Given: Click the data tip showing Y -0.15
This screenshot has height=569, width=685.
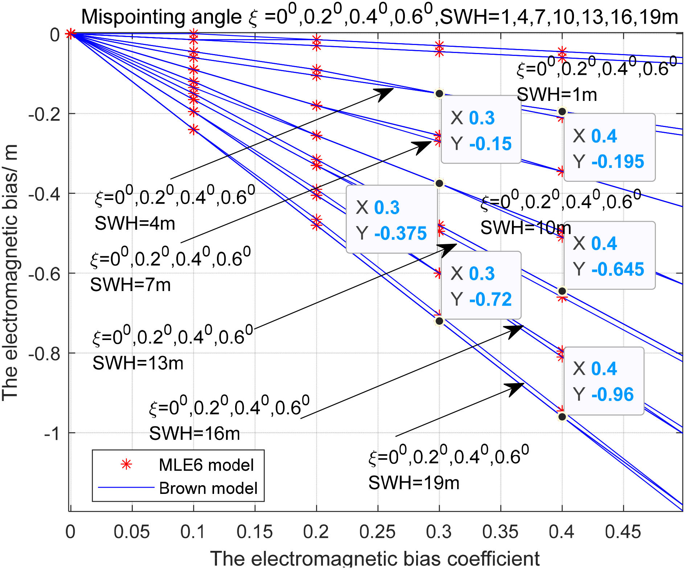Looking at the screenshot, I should (481, 130).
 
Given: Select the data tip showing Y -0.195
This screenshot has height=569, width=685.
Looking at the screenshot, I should (609, 148).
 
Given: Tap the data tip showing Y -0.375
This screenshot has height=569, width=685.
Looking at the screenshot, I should (391, 219).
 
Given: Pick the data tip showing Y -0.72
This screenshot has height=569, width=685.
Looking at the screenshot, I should (481, 286).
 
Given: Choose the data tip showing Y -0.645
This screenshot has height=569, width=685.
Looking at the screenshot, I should (609, 255).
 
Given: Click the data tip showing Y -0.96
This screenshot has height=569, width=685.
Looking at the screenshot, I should (604, 381).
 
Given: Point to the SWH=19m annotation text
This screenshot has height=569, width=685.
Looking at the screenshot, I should (414, 483).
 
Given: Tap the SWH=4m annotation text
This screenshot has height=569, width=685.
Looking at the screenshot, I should (135, 223).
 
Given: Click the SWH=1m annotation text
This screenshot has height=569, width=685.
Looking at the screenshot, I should (557, 95).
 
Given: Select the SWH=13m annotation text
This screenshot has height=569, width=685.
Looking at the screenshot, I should (138, 363).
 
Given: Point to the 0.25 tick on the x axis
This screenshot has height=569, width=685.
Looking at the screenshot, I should (377, 532).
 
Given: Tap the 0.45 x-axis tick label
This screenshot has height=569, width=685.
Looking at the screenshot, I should (623, 532).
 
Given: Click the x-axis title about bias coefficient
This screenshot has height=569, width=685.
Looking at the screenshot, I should (374, 558).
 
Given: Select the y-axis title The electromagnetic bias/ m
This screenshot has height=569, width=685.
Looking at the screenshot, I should (10, 272).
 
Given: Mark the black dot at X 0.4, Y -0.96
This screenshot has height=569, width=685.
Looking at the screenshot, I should (562, 417).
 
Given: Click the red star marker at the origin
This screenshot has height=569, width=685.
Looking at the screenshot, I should (70, 34).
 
